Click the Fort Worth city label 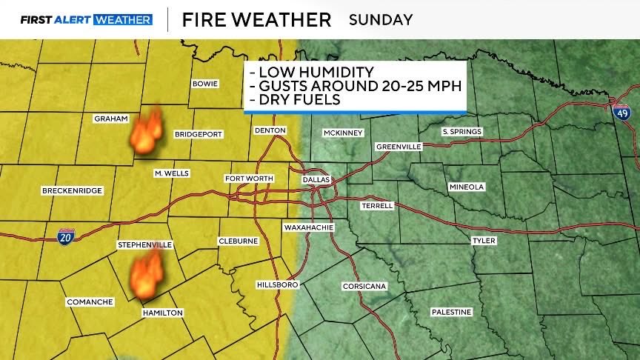(249, 179)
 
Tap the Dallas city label (315, 179)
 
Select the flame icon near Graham (146, 132)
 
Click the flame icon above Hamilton (146, 276)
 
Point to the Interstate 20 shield (65, 237)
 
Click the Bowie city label (204, 84)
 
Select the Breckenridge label (72, 190)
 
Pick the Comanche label (90, 301)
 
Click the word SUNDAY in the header (381, 20)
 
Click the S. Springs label (461, 132)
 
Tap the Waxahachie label (308, 227)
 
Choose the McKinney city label (342, 133)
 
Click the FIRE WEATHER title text (256, 20)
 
